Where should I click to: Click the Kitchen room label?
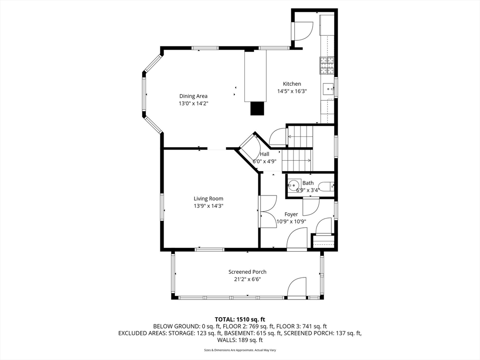pyautogui.click(x=292, y=84)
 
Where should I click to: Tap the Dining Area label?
pyautogui.click(x=193, y=96)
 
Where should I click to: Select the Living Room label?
pyautogui.click(x=209, y=199)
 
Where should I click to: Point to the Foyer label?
pyautogui.click(x=291, y=214)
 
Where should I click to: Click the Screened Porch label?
pyautogui.click(x=247, y=272)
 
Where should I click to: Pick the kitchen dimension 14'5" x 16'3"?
pyautogui.click(x=292, y=91)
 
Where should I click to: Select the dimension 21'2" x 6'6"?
pyautogui.click(x=247, y=279)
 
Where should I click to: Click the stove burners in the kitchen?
pyautogui.click(x=327, y=66)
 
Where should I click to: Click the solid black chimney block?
pyautogui.click(x=257, y=108)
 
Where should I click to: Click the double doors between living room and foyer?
pyautogui.click(x=268, y=211)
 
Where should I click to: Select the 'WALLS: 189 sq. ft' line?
pyautogui.click(x=240, y=340)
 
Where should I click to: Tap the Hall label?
pyautogui.click(x=264, y=154)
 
